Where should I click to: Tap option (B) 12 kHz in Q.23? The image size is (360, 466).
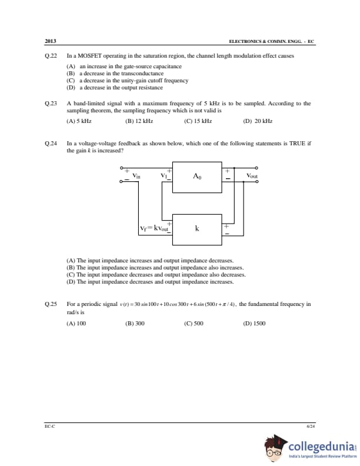(x=139, y=121)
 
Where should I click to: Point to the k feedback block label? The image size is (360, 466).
(x=197, y=228)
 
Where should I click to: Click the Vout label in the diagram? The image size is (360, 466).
(x=252, y=176)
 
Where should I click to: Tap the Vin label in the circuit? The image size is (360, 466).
(x=136, y=176)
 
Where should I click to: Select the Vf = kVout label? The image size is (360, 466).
(x=154, y=228)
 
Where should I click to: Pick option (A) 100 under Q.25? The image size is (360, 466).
(x=76, y=324)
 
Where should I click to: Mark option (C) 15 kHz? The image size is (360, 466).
(x=198, y=121)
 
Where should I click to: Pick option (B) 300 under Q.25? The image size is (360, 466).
(x=135, y=324)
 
